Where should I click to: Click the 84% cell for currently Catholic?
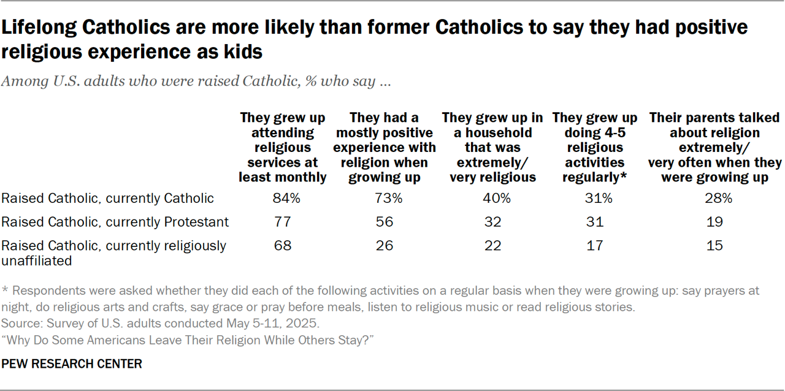[x=283, y=199]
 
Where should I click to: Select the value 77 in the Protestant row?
[x=283, y=222]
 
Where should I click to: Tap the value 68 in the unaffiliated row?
[x=283, y=246]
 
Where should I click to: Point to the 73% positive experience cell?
[x=389, y=199]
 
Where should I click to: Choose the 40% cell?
[x=493, y=199]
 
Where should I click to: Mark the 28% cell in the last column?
[x=714, y=199]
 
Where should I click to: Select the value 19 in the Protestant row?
[x=714, y=222]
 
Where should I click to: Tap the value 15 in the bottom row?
[x=714, y=246]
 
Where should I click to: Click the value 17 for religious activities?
[x=595, y=246]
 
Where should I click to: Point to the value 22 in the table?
[x=493, y=246]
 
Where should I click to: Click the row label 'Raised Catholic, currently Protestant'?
[x=115, y=222]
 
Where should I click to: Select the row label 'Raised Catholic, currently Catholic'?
[x=108, y=199]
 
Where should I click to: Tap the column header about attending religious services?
[x=283, y=148]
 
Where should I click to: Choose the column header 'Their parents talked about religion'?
[x=714, y=148]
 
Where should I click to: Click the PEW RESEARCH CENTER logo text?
[x=72, y=364]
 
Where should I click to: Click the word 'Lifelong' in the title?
[x=39, y=28]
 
